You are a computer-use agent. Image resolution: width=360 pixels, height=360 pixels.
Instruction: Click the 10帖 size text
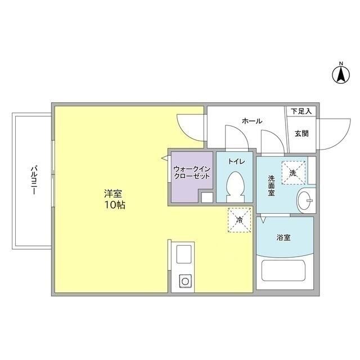click(114, 205)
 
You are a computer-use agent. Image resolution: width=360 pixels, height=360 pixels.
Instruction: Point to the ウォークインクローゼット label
click(192, 172)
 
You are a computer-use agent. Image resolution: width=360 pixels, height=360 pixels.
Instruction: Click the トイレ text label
click(236, 161)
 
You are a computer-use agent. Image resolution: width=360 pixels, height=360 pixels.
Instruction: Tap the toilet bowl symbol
click(235, 185)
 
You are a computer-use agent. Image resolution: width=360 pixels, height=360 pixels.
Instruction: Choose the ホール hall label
click(251, 121)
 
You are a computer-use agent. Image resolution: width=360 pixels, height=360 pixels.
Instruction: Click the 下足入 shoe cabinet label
click(301, 111)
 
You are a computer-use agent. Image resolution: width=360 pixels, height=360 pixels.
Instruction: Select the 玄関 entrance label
click(301, 133)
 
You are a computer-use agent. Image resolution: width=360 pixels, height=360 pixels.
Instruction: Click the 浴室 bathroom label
click(283, 237)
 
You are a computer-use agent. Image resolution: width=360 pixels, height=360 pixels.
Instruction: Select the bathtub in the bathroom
click(285, 272)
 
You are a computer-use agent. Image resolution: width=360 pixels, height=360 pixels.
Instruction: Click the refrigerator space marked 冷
click(239, 220)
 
